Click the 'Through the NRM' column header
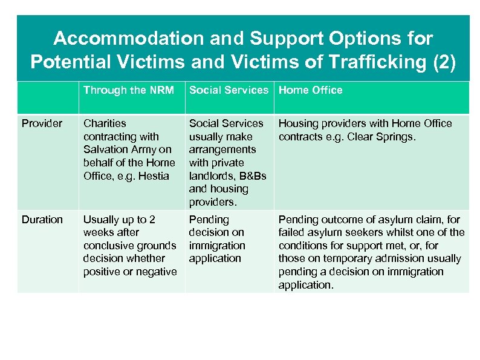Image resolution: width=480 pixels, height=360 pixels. (128, 90)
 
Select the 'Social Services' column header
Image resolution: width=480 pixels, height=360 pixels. (229, 90)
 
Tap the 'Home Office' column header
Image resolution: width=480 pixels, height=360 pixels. (310, 90)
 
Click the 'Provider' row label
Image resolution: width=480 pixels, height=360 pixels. (42, 123)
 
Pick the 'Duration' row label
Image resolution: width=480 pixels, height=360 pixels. (42, 220)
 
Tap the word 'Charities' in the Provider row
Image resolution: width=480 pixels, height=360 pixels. (105, 123)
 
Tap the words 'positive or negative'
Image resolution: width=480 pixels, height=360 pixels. (130, 272)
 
